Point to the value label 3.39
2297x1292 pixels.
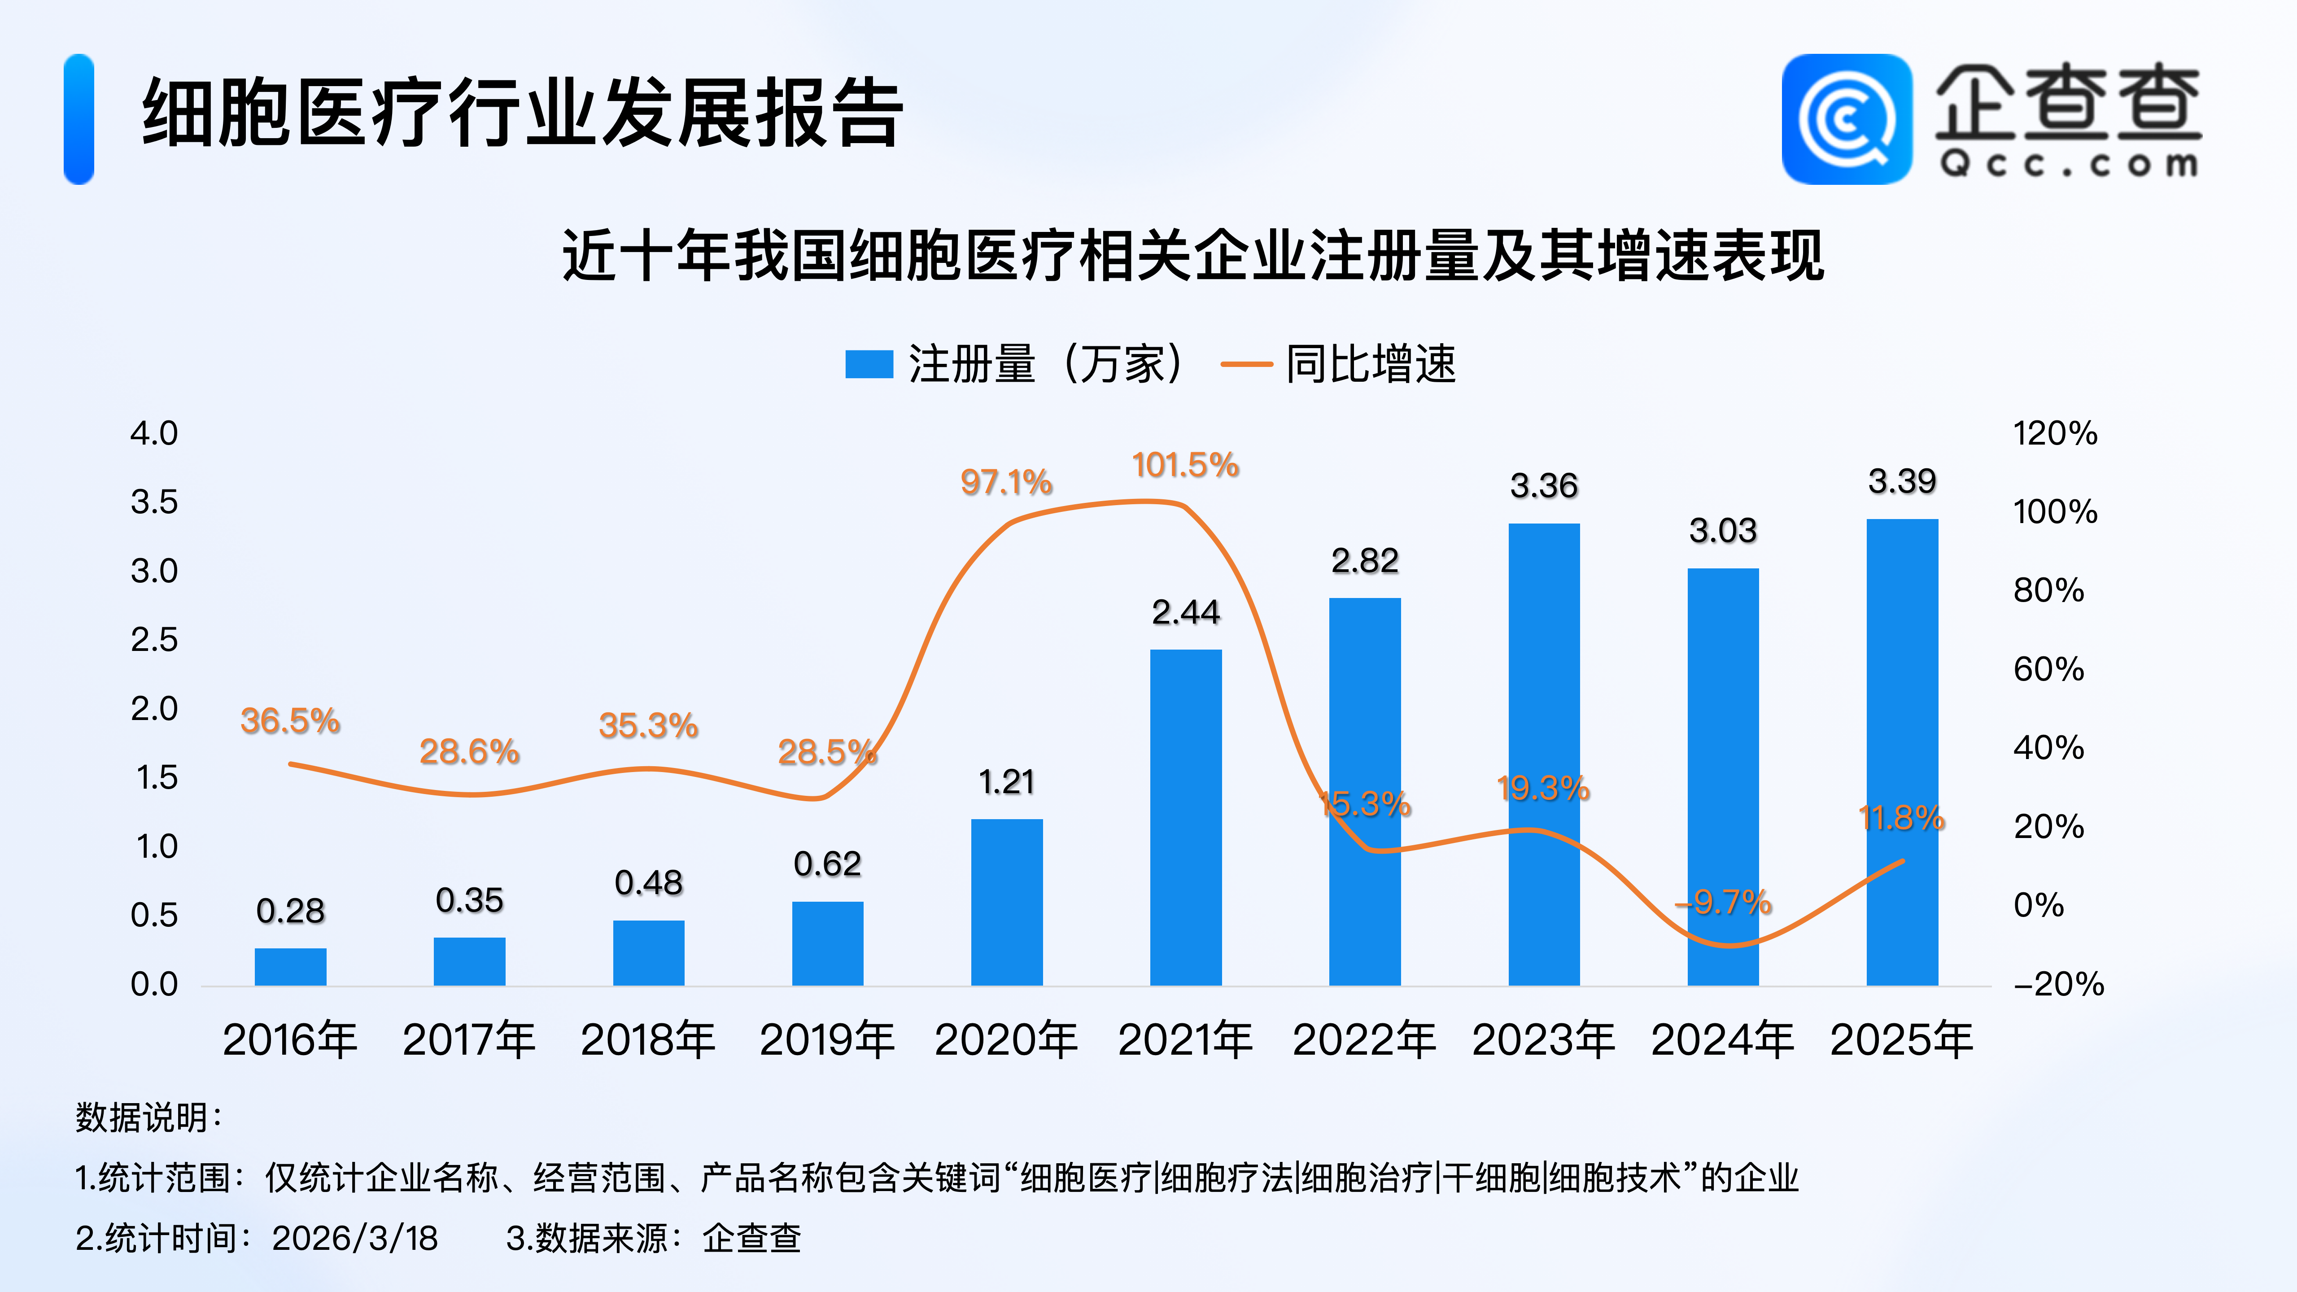[1902, 481]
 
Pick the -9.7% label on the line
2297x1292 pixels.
[1723, 902]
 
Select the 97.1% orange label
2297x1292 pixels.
[1006, 482]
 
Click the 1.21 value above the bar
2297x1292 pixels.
[1006, 782]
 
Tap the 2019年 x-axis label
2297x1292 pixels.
[826, 1040]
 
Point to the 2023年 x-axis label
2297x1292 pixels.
[1543, 1040]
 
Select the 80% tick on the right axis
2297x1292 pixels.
[2048, 590]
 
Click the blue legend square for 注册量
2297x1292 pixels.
[869, 364]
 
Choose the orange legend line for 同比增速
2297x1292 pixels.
[1246, 364]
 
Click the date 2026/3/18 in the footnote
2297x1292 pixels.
[355, 1238]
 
